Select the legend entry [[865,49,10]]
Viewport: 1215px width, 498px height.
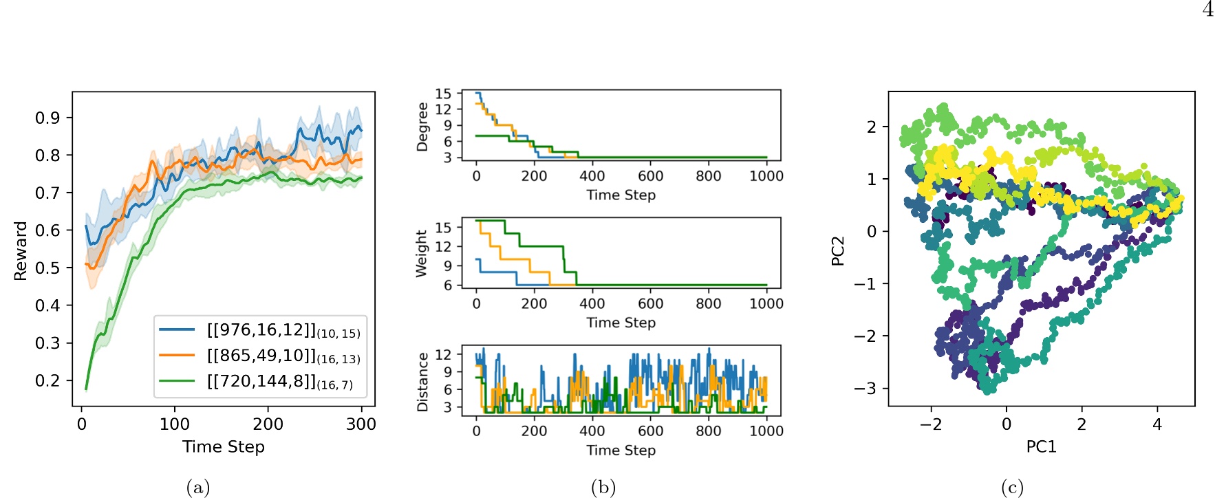283,356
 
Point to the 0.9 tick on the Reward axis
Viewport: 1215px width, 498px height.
47,118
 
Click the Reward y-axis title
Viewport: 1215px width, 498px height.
21,250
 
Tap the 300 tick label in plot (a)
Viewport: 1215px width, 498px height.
361,424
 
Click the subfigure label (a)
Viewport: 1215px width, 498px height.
198,488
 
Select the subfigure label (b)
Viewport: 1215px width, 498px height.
603,488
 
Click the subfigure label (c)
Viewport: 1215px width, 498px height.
1012,488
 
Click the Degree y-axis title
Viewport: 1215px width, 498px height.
422,127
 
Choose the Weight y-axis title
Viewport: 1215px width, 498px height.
422,254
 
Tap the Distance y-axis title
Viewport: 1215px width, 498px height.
422,382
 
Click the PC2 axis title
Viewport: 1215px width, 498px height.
837,250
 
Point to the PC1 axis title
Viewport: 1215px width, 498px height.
1041,446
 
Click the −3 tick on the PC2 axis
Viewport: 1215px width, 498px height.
865,389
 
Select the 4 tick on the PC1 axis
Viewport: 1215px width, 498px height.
1157,424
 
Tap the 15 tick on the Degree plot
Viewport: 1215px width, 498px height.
444,94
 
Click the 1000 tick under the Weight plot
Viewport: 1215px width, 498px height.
766,303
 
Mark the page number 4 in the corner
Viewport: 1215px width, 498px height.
1208,10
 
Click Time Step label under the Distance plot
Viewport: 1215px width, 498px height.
621,450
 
